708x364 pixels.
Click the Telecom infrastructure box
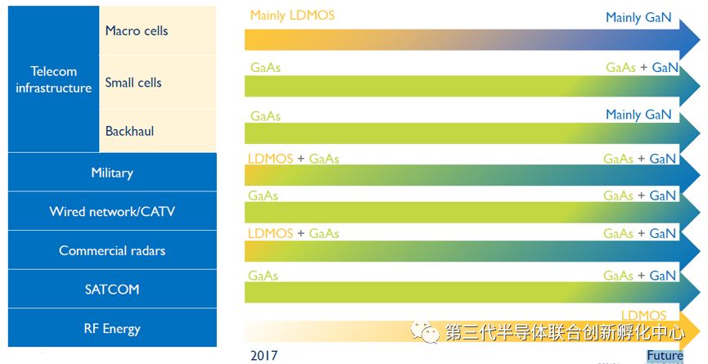pos(53,79)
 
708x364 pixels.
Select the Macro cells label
pos(136,31)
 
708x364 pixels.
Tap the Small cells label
pos(133,83)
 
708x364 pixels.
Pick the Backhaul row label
pos(129,131)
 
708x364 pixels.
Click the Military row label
pos(112,173)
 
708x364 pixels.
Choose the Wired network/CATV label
pos(112,212)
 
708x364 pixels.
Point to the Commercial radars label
pos(112,250)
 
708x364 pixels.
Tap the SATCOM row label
pos(112,289)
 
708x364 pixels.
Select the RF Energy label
pos(112,329)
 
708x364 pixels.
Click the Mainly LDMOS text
pos(292,16)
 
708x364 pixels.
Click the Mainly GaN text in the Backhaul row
pos(638,115)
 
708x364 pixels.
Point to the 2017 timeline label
pos(264,355)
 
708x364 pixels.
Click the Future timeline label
pos(664,356)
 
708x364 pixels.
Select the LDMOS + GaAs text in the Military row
pos(293,159)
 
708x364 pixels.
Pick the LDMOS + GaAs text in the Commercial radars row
pos(293,234)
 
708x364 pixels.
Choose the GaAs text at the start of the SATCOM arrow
pos(263,276)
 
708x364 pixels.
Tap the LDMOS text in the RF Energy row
pos(643,315)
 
